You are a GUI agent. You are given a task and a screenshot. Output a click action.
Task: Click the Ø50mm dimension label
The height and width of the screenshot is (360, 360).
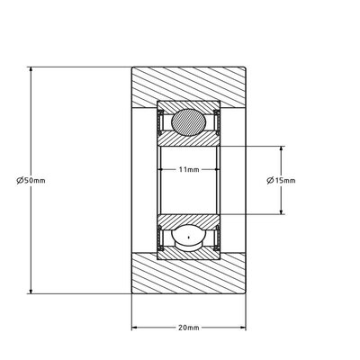coord(31,181)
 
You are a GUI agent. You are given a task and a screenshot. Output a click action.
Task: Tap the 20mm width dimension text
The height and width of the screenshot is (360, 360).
coord(189,327)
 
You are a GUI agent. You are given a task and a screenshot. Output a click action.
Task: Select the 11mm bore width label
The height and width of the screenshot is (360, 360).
coord(189,168)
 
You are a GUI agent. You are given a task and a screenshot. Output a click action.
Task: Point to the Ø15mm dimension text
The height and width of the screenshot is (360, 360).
coord(282,181)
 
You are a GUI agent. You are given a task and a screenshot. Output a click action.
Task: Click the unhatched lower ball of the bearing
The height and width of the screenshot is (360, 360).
coord(189,238)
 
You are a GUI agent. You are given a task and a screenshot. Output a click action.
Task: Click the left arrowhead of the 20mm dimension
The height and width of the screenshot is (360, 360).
coord(136,327)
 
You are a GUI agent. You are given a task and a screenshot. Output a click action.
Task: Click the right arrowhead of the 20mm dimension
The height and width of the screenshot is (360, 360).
coord(242,327)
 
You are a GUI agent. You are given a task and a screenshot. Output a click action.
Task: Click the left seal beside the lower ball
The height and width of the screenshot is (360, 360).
coord(162,238)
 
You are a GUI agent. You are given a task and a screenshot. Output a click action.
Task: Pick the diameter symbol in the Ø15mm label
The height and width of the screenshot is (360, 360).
coord(271,181)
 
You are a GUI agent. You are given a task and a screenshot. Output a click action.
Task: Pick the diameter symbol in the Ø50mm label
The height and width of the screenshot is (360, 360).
coord(20,181)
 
